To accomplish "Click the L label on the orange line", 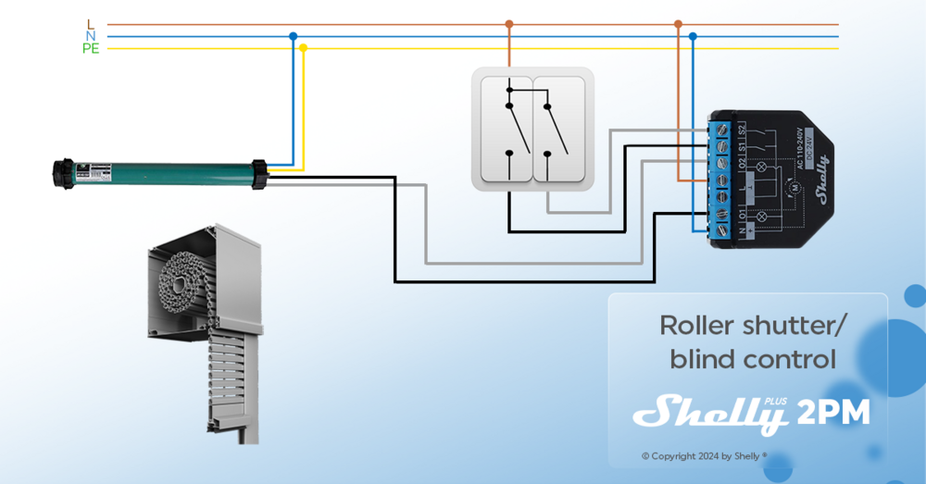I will click(90, 24).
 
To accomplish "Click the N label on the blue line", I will click(90, 36).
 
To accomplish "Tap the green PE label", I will click(90, 49).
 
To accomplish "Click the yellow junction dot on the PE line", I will click(303, 48).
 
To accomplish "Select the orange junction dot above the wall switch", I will click(508, 24).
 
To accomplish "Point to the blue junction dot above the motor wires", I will click(293, 36).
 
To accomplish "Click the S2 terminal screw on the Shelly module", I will click(722, 129).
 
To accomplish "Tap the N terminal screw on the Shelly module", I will click(722, 228).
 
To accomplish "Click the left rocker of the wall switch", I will click(506, 130).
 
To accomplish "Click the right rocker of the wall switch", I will click(561, 130).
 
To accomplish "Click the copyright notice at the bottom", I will click(704, 456).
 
